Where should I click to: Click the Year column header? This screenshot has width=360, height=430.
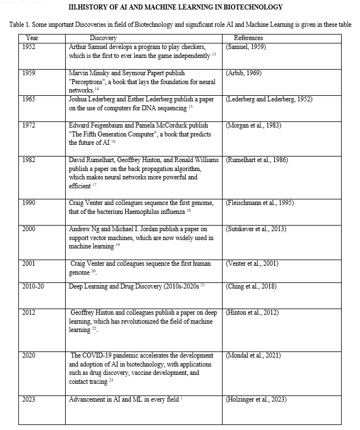(32, 38)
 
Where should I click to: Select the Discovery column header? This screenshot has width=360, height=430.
(103, 38)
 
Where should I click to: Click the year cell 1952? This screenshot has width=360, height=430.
(29, 47)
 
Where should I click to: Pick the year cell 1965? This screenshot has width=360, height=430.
(29, 99)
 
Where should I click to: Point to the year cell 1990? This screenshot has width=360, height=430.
(29, 203)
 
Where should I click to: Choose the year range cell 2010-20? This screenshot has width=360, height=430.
(34, 286)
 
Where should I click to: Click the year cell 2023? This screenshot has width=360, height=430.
(29, 399)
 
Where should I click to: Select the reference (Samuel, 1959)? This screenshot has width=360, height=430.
(246, 47)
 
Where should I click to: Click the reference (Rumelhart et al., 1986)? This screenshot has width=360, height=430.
(257, 160)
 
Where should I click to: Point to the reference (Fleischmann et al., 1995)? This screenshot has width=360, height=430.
(260, 203)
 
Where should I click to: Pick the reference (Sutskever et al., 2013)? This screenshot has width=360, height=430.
(256, 229)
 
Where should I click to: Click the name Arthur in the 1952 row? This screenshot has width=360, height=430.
(78, 47)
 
